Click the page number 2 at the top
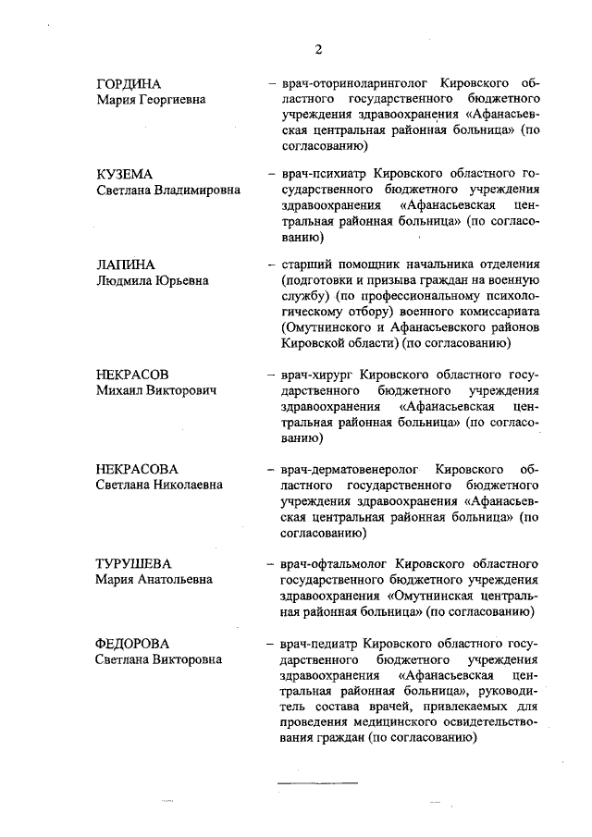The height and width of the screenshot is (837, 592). pos(317,49)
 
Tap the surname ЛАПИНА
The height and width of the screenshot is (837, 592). pos(124,265)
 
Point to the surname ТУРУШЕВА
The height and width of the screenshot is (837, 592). pos(134,563)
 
